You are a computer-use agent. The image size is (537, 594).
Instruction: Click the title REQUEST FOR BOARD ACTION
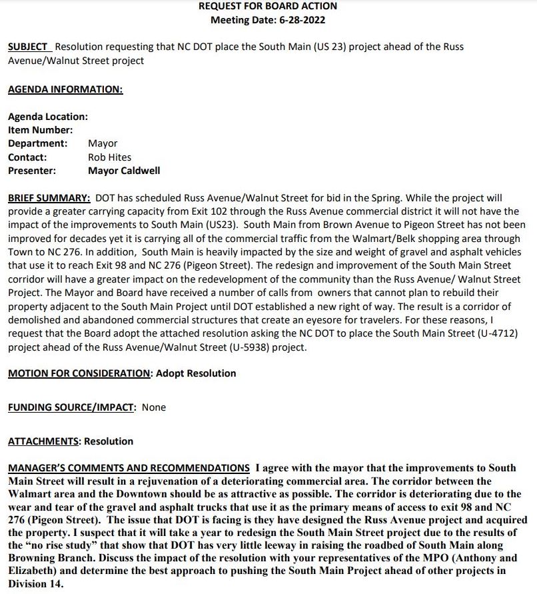(268, 6)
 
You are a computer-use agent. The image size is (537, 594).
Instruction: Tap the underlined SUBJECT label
(28, 47)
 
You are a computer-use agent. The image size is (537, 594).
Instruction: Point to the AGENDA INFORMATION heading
(65, 89)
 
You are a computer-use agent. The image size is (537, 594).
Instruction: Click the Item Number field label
(40, 130)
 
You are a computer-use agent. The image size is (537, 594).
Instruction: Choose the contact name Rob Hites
(109, 157)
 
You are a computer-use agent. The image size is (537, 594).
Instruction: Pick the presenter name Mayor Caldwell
(124, 171)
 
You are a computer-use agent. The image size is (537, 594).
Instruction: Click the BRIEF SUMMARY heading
(49, 198)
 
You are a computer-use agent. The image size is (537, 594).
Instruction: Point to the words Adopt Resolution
(196, 373)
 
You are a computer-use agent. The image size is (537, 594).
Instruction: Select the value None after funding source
(154, 407)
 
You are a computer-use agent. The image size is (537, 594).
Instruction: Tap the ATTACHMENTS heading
(43, 441)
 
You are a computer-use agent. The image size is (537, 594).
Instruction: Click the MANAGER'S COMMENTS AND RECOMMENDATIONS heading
(129, 468)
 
